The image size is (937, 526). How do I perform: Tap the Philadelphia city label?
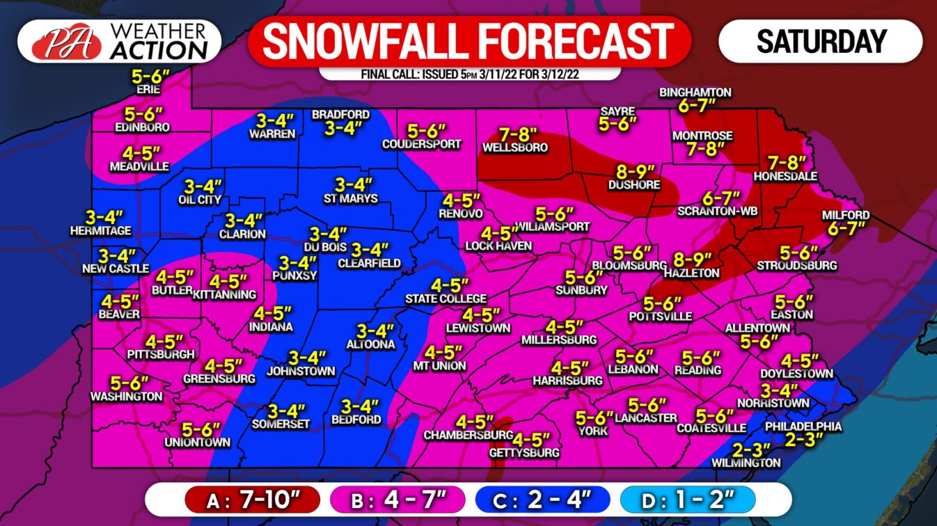pyautogui.click(x=803, y=427)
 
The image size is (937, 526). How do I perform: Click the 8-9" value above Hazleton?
pyautogui.click(x=692, y=260)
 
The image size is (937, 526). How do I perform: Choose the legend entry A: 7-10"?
pyautogui.click(x=252, y=499)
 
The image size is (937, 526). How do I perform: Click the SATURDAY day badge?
pyautogui.click(x=821, y=41)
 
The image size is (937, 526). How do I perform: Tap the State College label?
pyautogui.click(x=446, y=299)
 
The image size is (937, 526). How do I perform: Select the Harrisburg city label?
pyautogui.click(x=567, y=381)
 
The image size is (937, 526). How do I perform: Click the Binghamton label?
pyautogui.click(x=695, y=92)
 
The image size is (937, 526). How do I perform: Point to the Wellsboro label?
pyautogui.click(x=515, y=148)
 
